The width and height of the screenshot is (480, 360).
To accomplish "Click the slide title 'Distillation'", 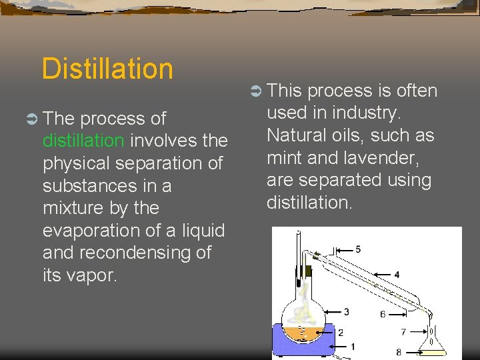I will pyautogui.click(x=107, y=69).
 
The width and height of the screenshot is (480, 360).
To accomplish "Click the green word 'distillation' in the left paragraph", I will pyautogui.click(x=83, y=141).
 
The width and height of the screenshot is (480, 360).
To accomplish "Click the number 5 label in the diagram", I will pyautogui.click(x=358, y=249).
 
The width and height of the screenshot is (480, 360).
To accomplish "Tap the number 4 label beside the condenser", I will pyautogui.click(x=397, y=274).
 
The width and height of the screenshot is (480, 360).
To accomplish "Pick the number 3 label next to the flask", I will pyautogui.click(x=346, y=311).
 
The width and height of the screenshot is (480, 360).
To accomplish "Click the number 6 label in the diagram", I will pyautogui.click(x=382, y=314).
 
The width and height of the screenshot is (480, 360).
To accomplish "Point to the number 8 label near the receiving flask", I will pyautogui.click(x=398, y=352).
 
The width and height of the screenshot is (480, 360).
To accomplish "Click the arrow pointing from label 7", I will pyautogui.click(x=416, y=331).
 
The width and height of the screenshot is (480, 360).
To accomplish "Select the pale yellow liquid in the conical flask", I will pyautogui.click(x=432, y=343).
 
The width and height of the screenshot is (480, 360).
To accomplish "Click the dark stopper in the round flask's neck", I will pyautogui.click(x=309, y=270).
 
